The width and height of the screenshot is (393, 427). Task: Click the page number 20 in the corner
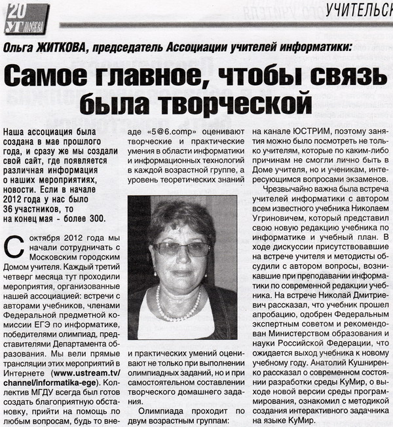16,9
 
